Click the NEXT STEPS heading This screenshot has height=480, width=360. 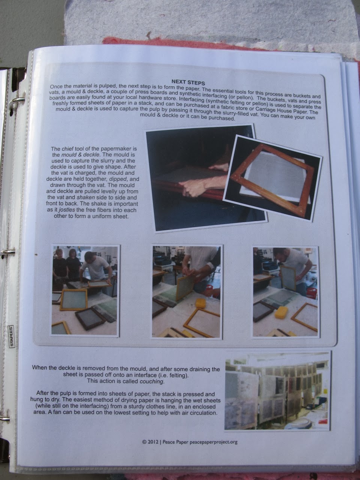pyautogui.click(x=188, y=82)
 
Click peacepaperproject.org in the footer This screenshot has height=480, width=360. pyautogui.click(x=213, y=442)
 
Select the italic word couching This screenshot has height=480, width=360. pyautogui.click(x=151, y=381)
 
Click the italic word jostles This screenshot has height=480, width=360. pyautogui.click(x=67, y=210)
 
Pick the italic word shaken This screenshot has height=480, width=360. pyautogui.click(x=85, y=198)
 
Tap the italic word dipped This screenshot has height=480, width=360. pyautogui.click(x=118, y=179)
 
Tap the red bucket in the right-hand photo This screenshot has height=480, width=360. pyautogui.click(x=312, y=293)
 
